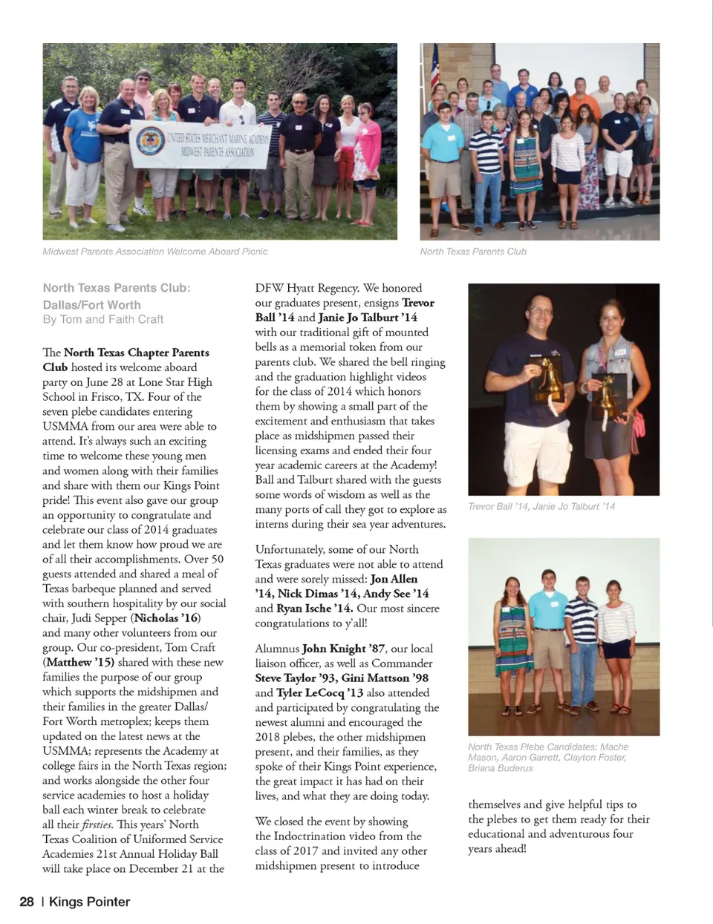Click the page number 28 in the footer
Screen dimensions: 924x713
coord(27,902)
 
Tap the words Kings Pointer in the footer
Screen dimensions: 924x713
coord(89,902)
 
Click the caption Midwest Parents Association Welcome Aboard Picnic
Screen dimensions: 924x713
coord(155,252)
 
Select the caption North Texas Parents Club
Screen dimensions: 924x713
coord(473,252)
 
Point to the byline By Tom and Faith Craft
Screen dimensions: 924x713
coord(102,319)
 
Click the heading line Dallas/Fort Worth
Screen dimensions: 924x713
coord(91,304)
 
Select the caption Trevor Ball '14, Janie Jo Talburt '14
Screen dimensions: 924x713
coord(541,506)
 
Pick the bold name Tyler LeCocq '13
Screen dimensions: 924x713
coord(320,692)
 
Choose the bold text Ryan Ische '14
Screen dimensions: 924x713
coord(314,609)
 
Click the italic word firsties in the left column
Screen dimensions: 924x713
coord(97,825)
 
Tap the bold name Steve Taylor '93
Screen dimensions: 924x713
coord(295,678)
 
